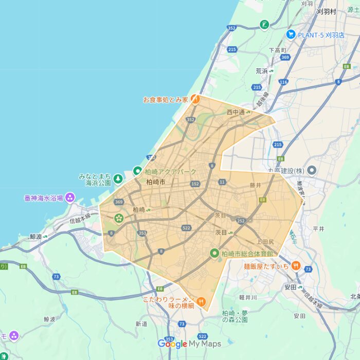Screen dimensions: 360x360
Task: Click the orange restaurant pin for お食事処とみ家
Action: click(x=195, y=99)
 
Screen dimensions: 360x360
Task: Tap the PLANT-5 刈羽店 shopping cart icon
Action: click(x=291, y=34)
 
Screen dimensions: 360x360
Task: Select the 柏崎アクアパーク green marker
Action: click(x=137, y=171)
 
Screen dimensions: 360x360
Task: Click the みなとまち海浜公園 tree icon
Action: click(x=118, y=178)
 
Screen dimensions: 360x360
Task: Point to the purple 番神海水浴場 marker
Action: click(x=70, y=197)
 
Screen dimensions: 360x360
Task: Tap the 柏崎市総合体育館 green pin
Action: click(x=214, y=253)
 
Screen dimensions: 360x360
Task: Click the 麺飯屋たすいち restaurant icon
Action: click(x=296, y=265)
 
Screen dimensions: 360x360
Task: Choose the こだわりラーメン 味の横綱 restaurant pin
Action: click(x=201, y=301)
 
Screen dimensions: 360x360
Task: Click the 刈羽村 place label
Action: click(x=327, y=11)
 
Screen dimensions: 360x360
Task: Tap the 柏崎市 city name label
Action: click(x=155, y=182)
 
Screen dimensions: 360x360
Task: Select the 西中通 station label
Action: click(x=237, y=112)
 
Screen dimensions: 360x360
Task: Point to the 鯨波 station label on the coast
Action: click(x=35, y=237)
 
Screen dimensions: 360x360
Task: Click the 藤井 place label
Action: click(x=256, y=185)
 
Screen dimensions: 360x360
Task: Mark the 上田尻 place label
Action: click(x=265, y=241)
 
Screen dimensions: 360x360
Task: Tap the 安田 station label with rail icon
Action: click(x=290, y=286)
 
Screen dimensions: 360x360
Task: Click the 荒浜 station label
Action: click(x=262, y=71)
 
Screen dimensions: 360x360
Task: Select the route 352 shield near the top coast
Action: click(x=232, y=28)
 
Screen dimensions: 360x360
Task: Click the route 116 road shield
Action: click(x=283, y=82)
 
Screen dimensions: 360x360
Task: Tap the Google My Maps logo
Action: click(x=189, y=344)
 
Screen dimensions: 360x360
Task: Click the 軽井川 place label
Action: click(x=248, y=297)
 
